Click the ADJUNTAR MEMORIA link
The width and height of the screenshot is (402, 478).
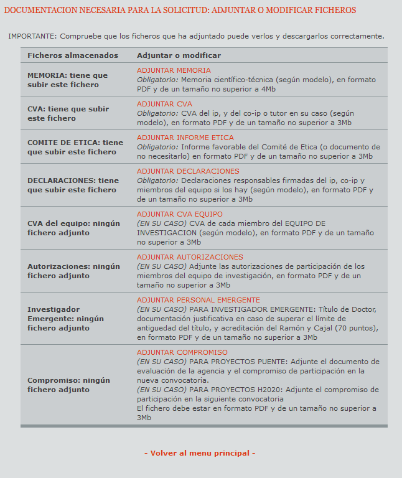pyautogui.click(x=174, y=70)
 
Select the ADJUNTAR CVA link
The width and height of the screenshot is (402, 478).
pyautogui.click(x=164, y=104)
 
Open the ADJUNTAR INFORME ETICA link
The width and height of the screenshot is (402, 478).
pyautogui.click(x=185, y=138)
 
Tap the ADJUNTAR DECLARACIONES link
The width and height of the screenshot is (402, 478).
pyautogui.click(x=188, y=171)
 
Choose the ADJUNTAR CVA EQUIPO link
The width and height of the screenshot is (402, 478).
pyautogui.click(x=179, y=214)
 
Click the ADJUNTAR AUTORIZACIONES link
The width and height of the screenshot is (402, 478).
pyautogui.click(x=190, y=257)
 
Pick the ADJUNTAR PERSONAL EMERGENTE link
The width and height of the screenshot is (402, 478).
pyautogui.click(x=199, y=300)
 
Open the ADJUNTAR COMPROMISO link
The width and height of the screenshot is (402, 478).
pyautogui.click(x=182, y=352)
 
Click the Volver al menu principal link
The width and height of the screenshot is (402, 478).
pyautogui.click(x=200, y=453)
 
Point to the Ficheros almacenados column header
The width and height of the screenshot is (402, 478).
pyautogui.click(x=73, y=55)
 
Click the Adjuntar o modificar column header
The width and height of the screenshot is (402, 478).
pyautogui.click(x=179, y=55)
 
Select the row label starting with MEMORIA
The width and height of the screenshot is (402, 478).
pyautogui.click(x=67, y=80)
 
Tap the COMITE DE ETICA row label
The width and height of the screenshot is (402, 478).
pyautogui.click(x=75, y=147)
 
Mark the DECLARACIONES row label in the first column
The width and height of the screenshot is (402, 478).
pyautogui.click(x=73, y=185)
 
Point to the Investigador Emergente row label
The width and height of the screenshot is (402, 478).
pyautogui.click(x=65, y=318)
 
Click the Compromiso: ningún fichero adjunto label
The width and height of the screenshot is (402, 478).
pyautogui.click(x=68, y=385)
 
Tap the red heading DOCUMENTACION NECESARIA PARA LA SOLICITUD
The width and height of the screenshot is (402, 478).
pyautogui.click(x=180, y=11)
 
